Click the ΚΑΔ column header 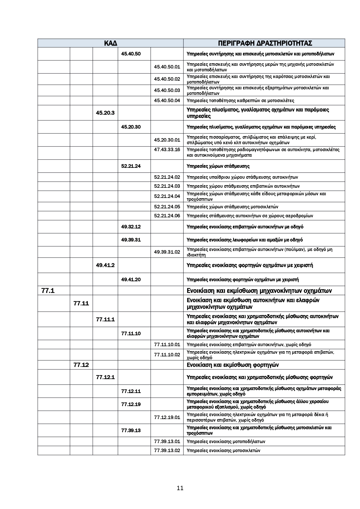point(110,43)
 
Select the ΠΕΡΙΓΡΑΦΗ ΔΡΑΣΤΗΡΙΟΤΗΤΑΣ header point(265,43)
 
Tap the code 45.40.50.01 point(167,67)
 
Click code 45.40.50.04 point(167,101)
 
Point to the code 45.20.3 point(105,113)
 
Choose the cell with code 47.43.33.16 point(167,150)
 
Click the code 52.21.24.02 point(167,177)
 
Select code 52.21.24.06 point(167,216)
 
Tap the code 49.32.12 point(131,227)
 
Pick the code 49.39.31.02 point(167,252)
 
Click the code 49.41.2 point(105,265)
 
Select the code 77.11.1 point(105,320)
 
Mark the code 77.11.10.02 point(167,355)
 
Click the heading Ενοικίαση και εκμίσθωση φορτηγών point(233,365)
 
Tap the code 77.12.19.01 point(167,417)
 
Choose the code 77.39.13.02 point(167,450)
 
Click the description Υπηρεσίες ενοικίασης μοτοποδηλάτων point(226,441)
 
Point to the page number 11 point(180,488)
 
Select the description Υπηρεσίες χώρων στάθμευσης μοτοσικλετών point(232,207)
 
